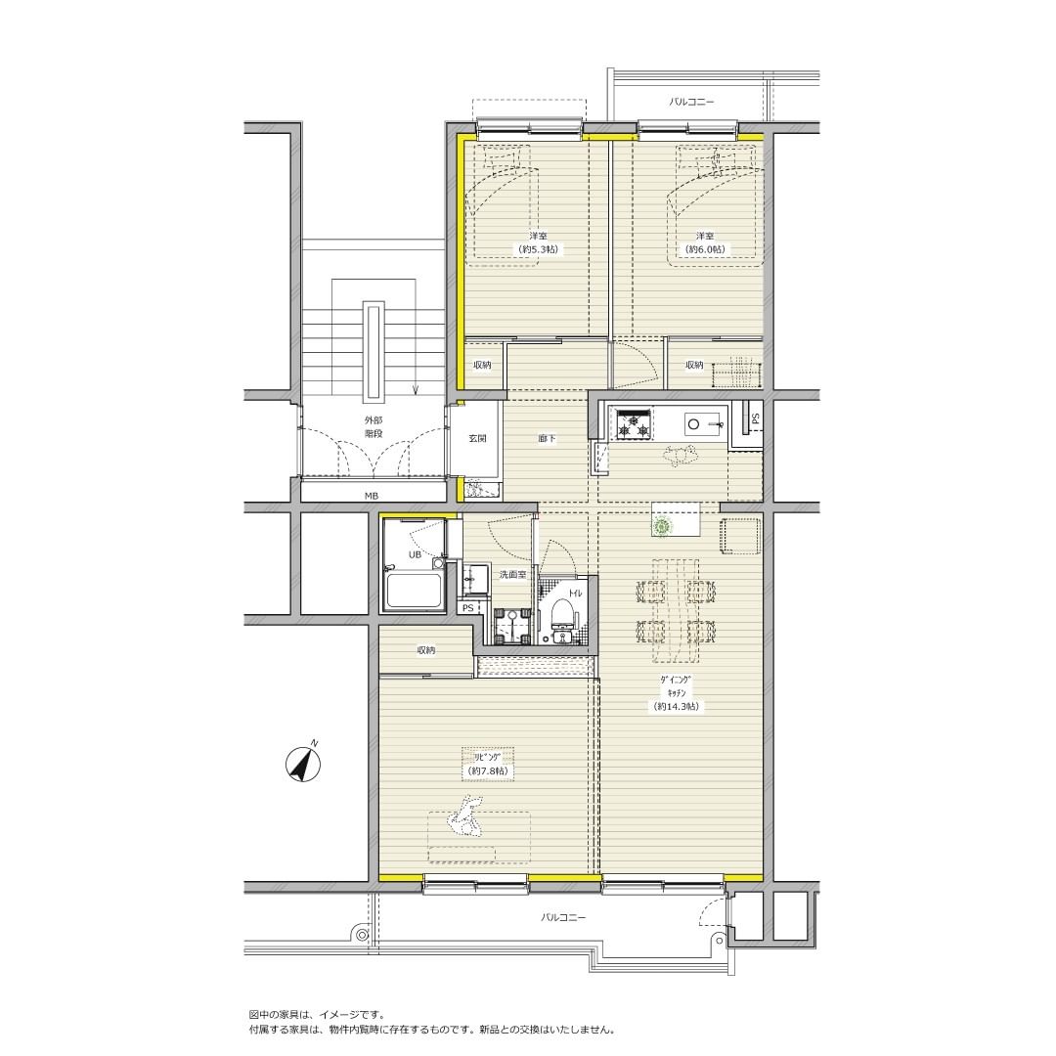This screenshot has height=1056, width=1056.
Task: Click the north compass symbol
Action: [x=304, y=764]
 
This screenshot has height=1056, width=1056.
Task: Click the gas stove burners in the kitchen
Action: [x=634, y=424]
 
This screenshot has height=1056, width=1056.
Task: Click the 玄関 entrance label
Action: [x=477, y=438]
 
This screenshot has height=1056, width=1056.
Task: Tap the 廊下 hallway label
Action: [x=547, y=438]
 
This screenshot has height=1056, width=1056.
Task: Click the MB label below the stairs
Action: [x=372, y=496]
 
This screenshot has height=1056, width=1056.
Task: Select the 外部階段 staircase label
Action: [x=373, y=426]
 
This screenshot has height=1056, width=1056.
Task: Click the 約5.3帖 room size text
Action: [x=538, y=249]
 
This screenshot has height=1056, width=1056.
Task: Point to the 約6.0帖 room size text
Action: [x=705, y=249]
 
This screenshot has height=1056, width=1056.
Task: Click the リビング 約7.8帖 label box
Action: [x=488, y=764]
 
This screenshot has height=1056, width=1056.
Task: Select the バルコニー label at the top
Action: [x=691, y=103]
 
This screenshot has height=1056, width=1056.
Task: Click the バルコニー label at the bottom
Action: [x=564, y=917]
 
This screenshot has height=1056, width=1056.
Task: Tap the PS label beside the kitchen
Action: [x=756, y=418]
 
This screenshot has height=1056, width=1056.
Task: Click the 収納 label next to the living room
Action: [x=425, y=650]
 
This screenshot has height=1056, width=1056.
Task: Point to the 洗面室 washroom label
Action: [x=511, y=575]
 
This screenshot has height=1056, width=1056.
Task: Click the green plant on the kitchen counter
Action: [x=663, y=525]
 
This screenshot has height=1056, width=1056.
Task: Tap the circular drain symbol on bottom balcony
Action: [x=363, y=935]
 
